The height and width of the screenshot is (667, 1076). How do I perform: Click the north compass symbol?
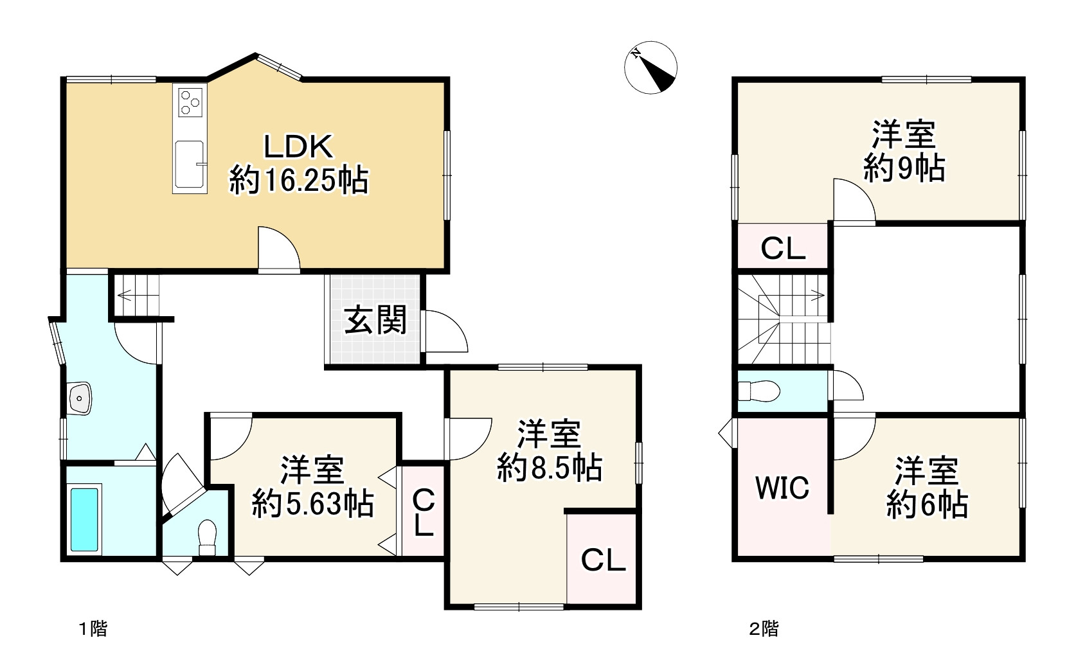click(650, 67)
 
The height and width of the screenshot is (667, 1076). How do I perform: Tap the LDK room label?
click(298, 147)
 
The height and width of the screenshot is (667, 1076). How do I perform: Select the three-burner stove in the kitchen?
click(190, 101)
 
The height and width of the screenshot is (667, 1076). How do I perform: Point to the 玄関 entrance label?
click(375, 319)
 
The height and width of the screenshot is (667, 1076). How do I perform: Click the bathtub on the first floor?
click(84, 519)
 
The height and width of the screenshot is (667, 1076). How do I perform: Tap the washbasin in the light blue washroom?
click(80, 398)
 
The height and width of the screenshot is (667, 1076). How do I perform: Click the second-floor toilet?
click(758, 391)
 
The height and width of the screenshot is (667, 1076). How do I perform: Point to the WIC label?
click(782, 488)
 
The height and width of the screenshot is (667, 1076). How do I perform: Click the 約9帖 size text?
click(904, 169)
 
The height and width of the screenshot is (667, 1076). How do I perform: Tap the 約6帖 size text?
click(927, 505)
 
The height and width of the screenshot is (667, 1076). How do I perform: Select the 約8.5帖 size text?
click(550, 468)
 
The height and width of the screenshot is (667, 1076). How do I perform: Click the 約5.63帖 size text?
click(312, 504)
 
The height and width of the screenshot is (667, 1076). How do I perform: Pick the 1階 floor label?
click(93, 628)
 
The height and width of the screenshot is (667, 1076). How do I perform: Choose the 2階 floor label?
click(764, 628)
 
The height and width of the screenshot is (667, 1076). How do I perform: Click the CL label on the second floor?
click(783, 249)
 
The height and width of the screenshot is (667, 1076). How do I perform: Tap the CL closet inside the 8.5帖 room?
click(603, 560)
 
